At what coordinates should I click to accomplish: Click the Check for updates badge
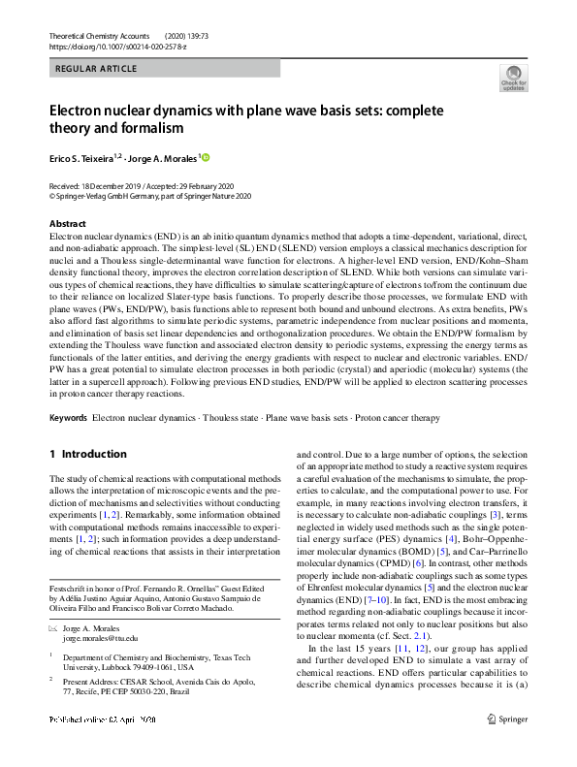coord(513,79)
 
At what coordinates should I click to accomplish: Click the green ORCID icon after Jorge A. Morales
coord(205,157)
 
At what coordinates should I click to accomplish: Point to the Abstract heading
coord(67,224)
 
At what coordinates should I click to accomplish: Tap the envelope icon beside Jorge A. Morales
coord(53,628)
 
